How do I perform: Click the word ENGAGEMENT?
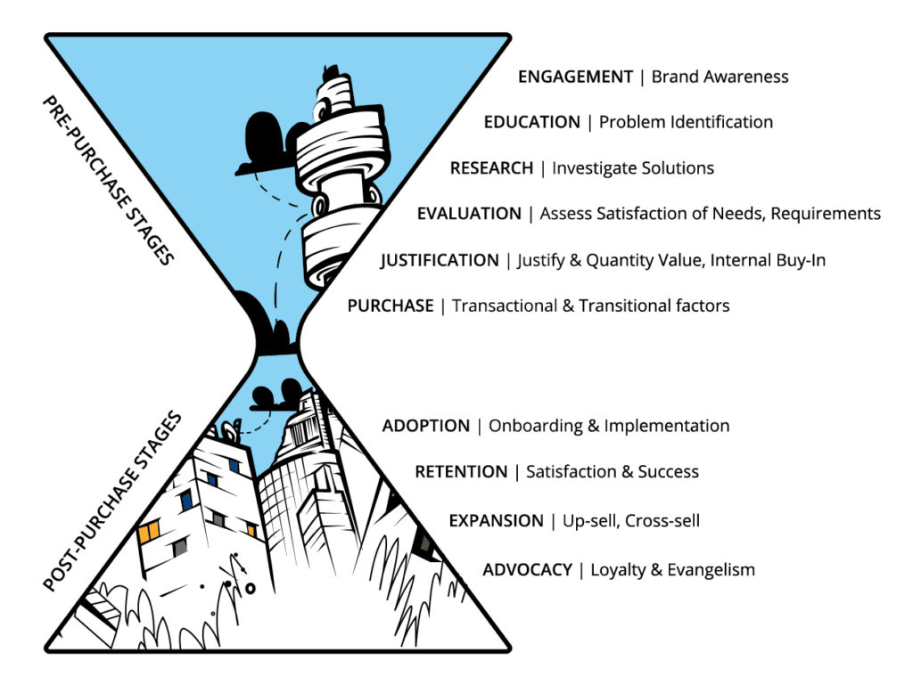[575, 77]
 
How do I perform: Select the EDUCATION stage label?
[532, 122]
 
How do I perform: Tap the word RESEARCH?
[491, 168]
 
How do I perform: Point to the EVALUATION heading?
[469, 214]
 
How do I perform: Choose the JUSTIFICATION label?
[440, 260]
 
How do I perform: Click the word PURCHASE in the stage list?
[391, 306]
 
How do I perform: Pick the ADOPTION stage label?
[426, 426]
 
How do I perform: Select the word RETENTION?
[461, 472]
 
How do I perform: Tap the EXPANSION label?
[496, 521]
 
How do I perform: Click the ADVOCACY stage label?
[528, 570]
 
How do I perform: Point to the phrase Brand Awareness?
[720, 77]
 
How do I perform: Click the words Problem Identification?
[686, 122]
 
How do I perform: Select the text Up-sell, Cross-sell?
[631, 521]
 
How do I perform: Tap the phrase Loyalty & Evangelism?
[672, 570]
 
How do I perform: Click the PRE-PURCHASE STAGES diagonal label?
[108, 181]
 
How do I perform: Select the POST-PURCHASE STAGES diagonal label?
[112, 501]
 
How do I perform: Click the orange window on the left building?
[149, 532]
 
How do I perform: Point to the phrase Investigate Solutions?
[633, 168]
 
